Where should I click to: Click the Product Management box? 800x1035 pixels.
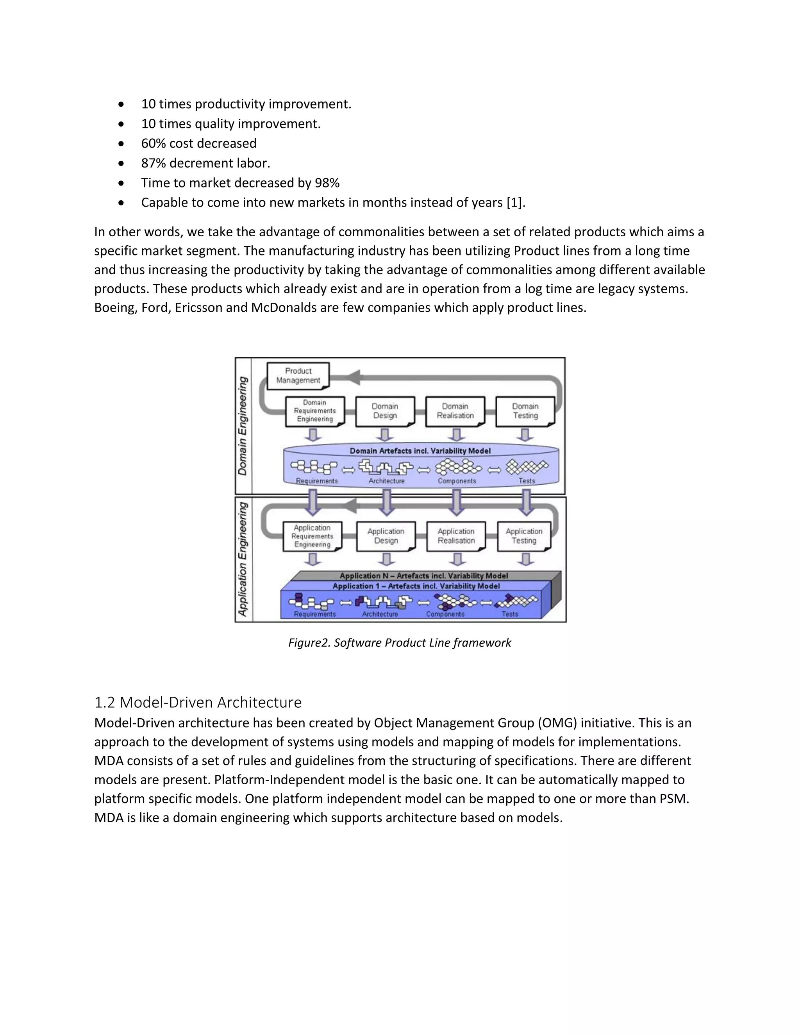(x=298, y=376)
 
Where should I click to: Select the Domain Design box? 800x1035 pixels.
(x=385, y=411)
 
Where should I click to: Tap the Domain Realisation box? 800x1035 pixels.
(x=455, y=411)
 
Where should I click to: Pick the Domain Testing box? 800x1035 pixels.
(x=525, y=411)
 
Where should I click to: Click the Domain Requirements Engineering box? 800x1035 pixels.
(x=315, y=411)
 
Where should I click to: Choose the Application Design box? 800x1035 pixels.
(x=386, y=536)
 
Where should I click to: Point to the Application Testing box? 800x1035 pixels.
(x=524, y=536)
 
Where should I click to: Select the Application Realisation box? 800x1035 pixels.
(x=456, y=536)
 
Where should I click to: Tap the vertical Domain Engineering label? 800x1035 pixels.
(x=243, y=426)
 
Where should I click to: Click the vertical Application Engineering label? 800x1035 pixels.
(x=243, y=559)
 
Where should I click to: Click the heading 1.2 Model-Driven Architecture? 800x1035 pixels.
(x=198, y=702)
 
